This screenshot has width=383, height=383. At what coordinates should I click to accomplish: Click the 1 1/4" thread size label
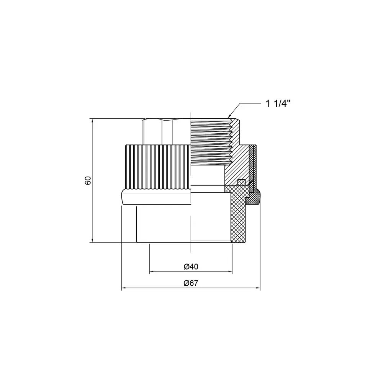click(x=278, y=103)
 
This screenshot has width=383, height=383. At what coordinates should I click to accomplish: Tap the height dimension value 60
click(x=88, y=180)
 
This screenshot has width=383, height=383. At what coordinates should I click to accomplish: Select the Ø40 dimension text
click(x=191, y=267)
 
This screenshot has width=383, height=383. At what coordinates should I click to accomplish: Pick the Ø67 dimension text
click(x=191, y=283)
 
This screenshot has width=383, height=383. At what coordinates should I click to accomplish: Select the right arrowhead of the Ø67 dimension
click(x=258, y=288)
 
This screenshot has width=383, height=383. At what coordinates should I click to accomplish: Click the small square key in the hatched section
click(x=241, y=182)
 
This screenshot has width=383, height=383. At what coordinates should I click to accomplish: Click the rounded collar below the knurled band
click(x=156, y=197)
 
